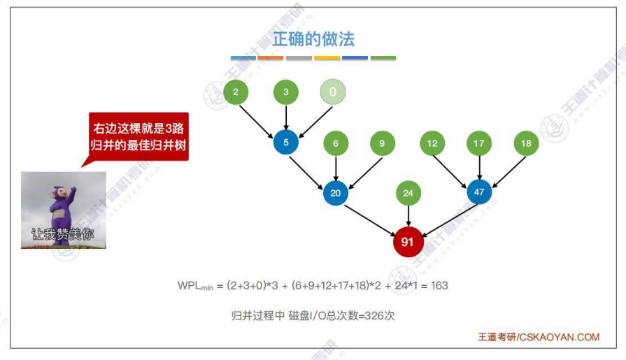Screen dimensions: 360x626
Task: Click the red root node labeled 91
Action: pyautogui.click(x=408, y=242)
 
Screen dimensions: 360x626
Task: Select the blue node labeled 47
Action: pyautogui.click(x=479, y=191)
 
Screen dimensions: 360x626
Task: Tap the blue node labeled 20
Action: pyautogui.click(x=336, y=193)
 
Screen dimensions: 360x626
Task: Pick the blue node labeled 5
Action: pyautogui.click(x=286, y=143)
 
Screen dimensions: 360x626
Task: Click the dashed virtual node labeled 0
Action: pyautogui.click(x=333, y=92)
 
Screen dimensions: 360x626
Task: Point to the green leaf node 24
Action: pyautogui.click(x=408, y=193)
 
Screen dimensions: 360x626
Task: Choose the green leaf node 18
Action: pyautogui.click(x=526, y=143)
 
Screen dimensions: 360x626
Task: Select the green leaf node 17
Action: pyautogui.click(x=479, y=143)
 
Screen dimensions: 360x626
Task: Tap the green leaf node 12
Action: pyautogui.click(x=432, y=143)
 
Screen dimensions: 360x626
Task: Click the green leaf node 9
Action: pyautogui.click(x=383, y=143)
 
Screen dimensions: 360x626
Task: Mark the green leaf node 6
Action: pyautogui.click(x=336, y=143)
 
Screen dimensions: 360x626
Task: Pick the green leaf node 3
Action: pyautogui.click(x=286, y=92)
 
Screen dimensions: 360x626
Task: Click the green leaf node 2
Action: pyautogui.click(x=236, y=92)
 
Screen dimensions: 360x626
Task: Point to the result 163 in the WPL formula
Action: pyautogui.click(x=439, y=286)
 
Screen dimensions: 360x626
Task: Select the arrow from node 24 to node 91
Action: pyautogui.click(x=408, y=216)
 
